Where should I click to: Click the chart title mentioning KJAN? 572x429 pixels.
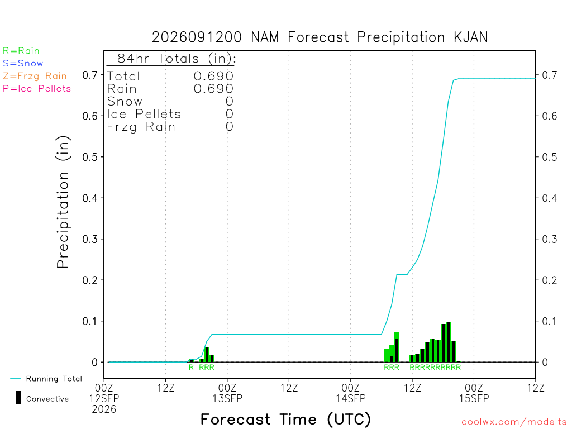click(x=320, y=37)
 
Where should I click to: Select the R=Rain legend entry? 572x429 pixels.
click(x=21, y=51)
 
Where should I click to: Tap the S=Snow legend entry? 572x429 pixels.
click(x=22, y=64)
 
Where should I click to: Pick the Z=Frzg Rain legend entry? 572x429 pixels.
click(x=35, y=76)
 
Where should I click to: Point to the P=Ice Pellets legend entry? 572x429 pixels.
click(x=37, y=89)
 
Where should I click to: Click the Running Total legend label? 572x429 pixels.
click(x=54, y=379)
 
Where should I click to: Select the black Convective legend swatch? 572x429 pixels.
click(x=18, y=398)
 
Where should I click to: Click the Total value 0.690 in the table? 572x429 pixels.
click(x=213, y=76)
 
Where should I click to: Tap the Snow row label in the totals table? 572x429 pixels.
click(x=125, y=102)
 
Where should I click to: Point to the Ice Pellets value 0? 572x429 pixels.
click(x=229, y=114)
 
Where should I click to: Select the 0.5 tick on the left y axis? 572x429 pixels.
click(x=90, y=157)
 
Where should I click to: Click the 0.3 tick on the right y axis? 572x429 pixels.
click(x=550, y=239)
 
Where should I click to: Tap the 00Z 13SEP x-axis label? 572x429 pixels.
click(x=227, y=393)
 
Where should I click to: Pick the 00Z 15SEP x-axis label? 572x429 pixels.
click(x=474, y=393)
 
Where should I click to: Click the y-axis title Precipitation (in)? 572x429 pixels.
click(x=63, y=202)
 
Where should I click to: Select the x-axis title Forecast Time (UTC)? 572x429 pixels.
click(x=285, y=419)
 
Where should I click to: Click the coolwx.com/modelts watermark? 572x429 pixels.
click(x=514, y=422)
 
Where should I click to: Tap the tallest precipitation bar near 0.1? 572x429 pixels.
click(x=449, y=342)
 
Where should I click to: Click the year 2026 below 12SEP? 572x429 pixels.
click(x=104, y=409)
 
